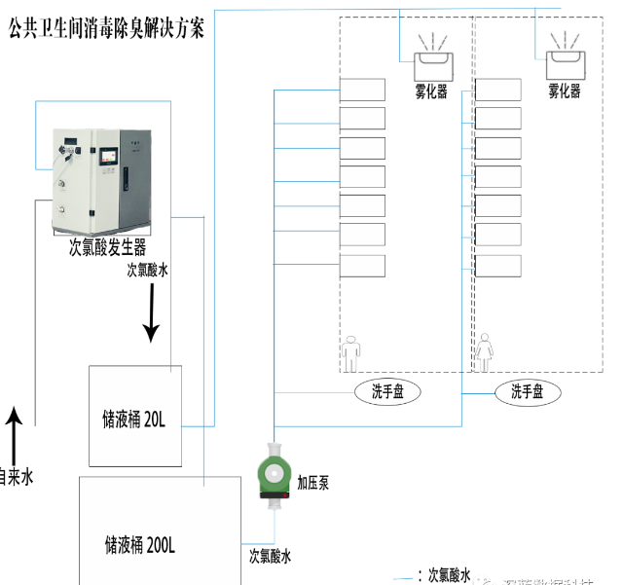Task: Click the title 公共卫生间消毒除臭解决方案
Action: tap(106, 28)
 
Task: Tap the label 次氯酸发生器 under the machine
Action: tap(107, 247)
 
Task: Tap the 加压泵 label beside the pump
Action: tap(312, 482)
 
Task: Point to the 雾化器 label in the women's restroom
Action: tap(564, 91)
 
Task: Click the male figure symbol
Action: tap(349, 349)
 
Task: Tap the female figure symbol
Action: tap(484, 349)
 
